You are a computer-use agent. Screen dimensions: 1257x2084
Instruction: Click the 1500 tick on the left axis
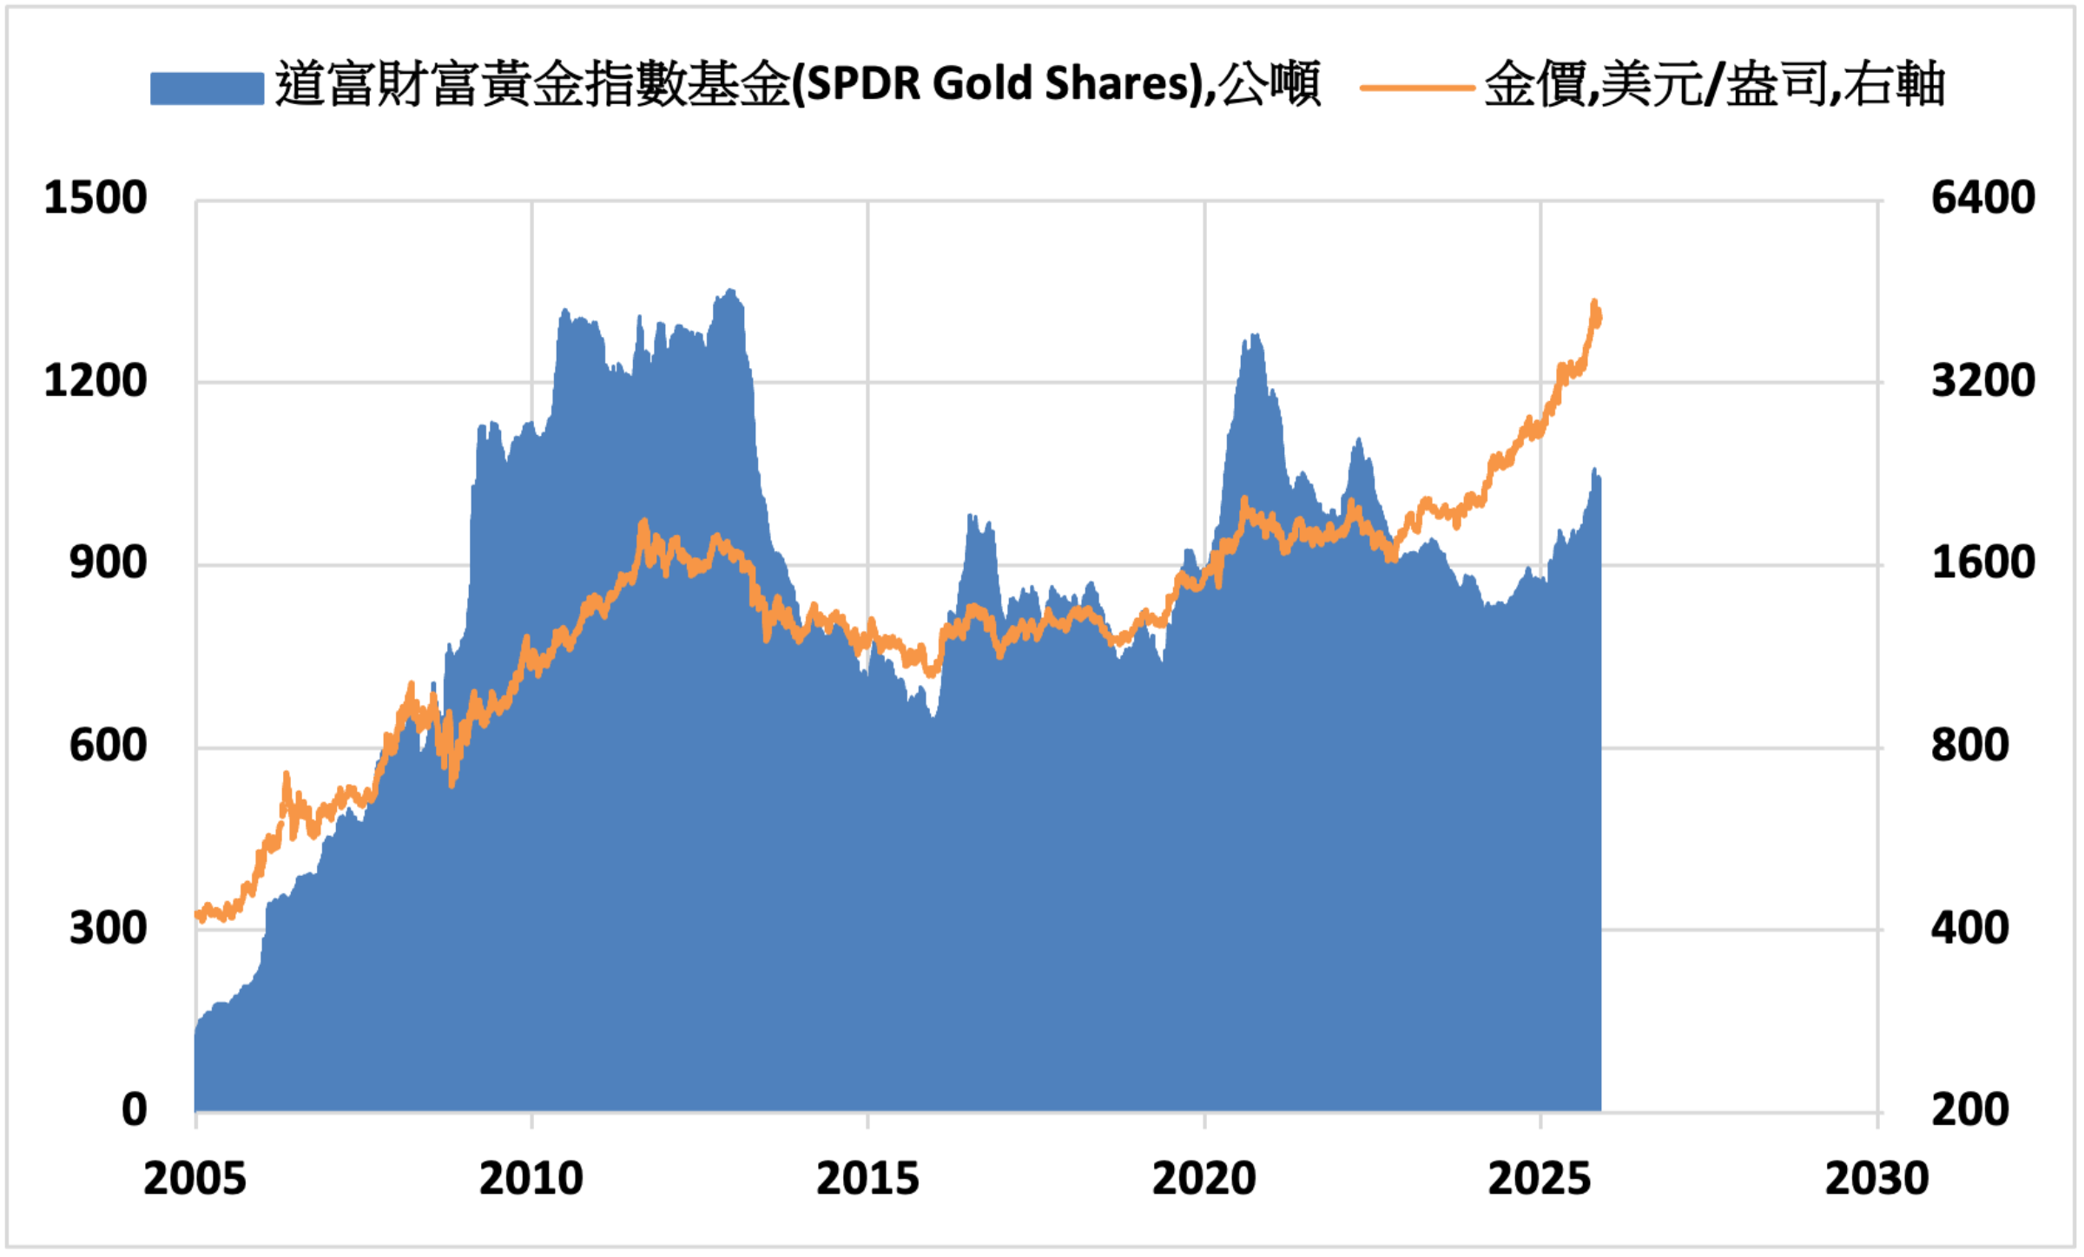pos(96,198)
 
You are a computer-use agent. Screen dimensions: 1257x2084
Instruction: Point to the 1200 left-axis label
pos(96,381)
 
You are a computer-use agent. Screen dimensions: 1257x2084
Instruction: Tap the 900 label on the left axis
pos(109,563)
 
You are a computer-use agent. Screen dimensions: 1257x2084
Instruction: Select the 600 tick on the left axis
pos(109,746)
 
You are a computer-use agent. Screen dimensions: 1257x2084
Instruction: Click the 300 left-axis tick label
pos(109,929)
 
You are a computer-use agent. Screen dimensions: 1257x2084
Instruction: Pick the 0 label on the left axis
pos(135,1110)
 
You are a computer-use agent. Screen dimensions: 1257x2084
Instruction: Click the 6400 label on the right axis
pos(1982,198)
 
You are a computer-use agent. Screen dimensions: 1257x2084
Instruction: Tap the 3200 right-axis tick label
pos(1982,381)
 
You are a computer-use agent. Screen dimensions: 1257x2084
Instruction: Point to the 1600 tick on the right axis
pos(1982,563)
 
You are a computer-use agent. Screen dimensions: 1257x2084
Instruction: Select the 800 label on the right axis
pos(1969,746)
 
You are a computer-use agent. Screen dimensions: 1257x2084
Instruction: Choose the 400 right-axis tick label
pos(1969,929)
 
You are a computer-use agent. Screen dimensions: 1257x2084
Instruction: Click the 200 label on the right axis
pos(1969,1110)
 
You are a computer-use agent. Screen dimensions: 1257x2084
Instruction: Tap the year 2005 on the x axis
pos(195,1179)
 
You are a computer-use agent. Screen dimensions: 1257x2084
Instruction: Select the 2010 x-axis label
pos(531,1179)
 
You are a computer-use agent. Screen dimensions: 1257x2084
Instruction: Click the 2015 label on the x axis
pos(867,1179)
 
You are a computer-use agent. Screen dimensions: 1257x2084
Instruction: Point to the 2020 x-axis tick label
pos(1204,1179)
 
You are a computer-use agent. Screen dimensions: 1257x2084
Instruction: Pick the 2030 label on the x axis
pos(1876,1179)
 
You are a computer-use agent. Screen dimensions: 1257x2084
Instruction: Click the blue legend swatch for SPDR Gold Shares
pos(207,88)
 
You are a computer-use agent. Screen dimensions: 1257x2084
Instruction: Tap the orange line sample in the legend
pos(1417,88)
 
